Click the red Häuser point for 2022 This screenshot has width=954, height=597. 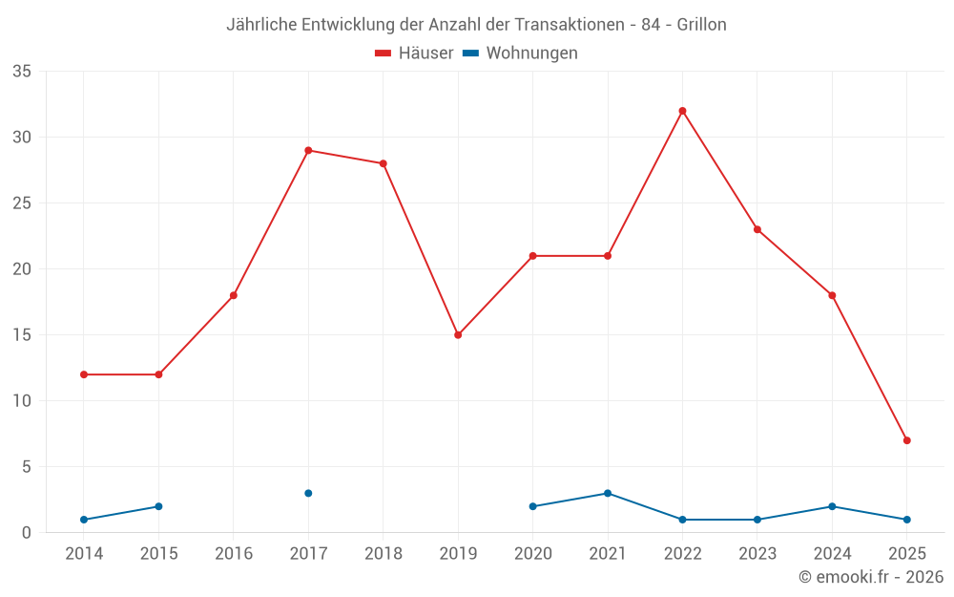[x=682, y=111]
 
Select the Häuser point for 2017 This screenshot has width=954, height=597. [x=308, y=150]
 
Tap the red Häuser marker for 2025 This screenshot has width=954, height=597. [x=906, y=440]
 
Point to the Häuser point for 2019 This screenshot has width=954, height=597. [x=458, y=335]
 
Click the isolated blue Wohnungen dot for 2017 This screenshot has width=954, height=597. [x=308, y=493]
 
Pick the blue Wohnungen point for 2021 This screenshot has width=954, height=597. [x=608, y=493]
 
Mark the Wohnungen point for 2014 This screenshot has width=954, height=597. [x=84, y=520]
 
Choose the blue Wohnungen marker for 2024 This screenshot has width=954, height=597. [x=832, y=506]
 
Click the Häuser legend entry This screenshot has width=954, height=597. [x=414, y=53]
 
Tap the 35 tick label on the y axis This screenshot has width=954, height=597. [x=22, y=72]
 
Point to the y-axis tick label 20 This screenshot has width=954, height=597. [x=22, y=269]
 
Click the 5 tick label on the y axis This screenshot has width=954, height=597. [x=27, y=467]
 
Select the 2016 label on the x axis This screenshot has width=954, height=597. [x=234, y=554]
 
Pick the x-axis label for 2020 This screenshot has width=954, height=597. [x=532, y=554]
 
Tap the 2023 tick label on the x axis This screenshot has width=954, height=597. [x=757, y=554]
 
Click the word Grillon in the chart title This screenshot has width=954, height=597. [x=701, y=25]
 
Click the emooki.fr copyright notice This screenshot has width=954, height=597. [x=870, y=577]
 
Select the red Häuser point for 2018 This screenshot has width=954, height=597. [x=383, y=163]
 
